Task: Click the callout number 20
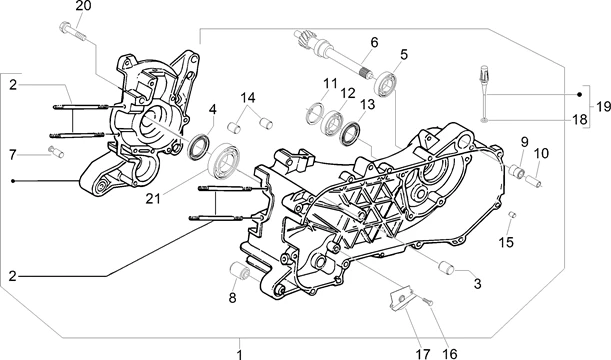tap(83, 6)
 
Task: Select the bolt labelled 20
tap(72, 31)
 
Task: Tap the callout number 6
tap(374, 42)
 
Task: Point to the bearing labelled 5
tap(386, 84)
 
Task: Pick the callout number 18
tap(579, 119)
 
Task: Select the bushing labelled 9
tap(517, 171)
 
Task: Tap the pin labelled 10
tap(533, 181)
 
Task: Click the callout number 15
tap(506, 242)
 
